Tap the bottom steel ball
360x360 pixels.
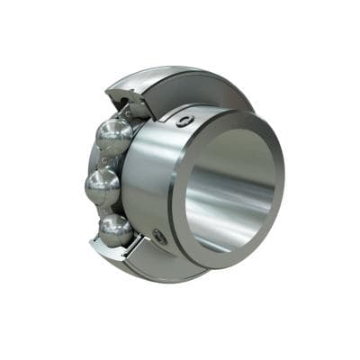115,230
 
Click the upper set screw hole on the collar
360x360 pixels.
184,120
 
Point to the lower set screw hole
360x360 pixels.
160,236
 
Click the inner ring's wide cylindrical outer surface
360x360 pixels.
148,180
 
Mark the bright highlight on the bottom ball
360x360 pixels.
109,225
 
